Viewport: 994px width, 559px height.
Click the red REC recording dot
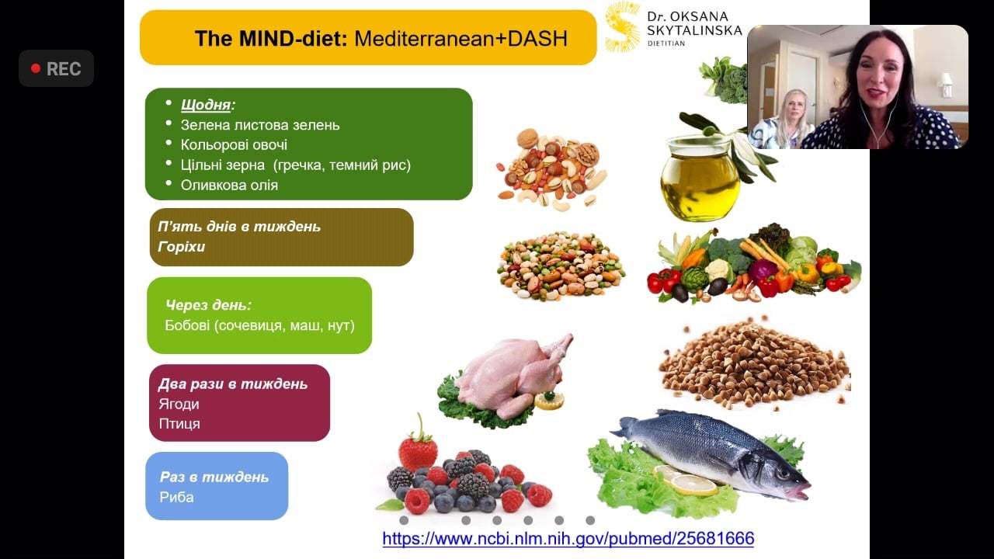tap(36, 69)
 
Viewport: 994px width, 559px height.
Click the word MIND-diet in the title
tap(271, 39)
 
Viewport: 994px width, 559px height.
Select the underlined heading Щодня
tap(206, 105)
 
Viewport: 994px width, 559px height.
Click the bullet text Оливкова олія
tap(229, 185)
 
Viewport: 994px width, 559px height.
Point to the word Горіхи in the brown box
tap(182, 247)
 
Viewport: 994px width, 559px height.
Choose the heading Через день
tap(208, 305)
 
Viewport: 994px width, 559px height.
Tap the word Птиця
tap(179, 424)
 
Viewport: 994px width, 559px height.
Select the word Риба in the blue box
tap(176, 497)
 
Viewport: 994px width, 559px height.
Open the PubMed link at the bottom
tap(568, 539)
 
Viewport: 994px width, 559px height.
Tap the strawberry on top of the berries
tap(418, 448)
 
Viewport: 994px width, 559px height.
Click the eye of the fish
tap(784, 474)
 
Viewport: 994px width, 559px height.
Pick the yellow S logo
tap(623, 26)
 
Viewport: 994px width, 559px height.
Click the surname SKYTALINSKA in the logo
tap(694, 30)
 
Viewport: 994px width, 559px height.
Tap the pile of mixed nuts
tap(551, 169)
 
